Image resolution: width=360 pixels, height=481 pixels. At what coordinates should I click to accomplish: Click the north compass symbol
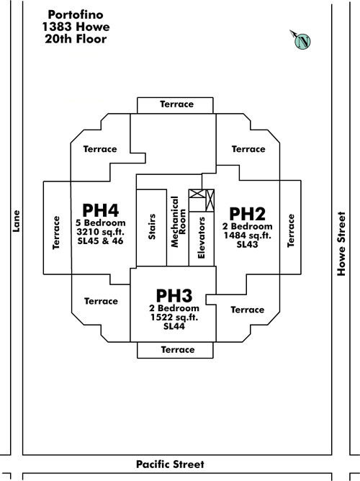(302, 41)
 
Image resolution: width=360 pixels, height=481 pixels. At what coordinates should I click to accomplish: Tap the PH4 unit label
(101, 210)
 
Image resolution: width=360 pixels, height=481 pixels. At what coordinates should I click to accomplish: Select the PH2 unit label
(247, 214)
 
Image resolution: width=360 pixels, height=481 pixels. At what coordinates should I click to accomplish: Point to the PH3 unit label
(174, 296)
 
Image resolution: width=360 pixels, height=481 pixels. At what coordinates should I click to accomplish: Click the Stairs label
(152, 227)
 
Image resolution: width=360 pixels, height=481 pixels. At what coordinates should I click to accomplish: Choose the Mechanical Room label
(178, 222)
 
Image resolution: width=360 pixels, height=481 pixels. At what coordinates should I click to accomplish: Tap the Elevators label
(201, 238)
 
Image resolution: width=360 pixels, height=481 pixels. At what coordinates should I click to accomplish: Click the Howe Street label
(341, 243)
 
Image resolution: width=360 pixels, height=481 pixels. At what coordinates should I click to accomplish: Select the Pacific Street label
(170, 464)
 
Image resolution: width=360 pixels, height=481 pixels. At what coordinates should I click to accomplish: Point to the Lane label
(16, 221)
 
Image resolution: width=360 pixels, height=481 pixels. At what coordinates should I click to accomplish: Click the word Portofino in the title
(76, 14)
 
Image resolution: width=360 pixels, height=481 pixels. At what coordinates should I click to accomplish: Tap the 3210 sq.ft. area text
(101, 232)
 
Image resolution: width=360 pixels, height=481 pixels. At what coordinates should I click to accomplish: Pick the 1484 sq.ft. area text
(248, 235)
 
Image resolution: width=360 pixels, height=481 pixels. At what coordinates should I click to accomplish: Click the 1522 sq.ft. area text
(174, 318)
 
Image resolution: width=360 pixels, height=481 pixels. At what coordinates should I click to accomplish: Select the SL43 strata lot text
(248, 245)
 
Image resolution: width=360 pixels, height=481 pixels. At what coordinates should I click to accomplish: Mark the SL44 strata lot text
(174, 326)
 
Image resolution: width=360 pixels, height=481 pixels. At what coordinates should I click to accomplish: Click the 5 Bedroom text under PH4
(101, 222)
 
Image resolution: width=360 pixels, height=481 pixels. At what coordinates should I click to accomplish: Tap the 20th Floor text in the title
(76, 39)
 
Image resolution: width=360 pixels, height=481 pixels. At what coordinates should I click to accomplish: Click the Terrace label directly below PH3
(178, 350)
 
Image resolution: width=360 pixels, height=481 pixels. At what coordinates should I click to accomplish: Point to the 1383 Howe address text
(76, 27)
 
